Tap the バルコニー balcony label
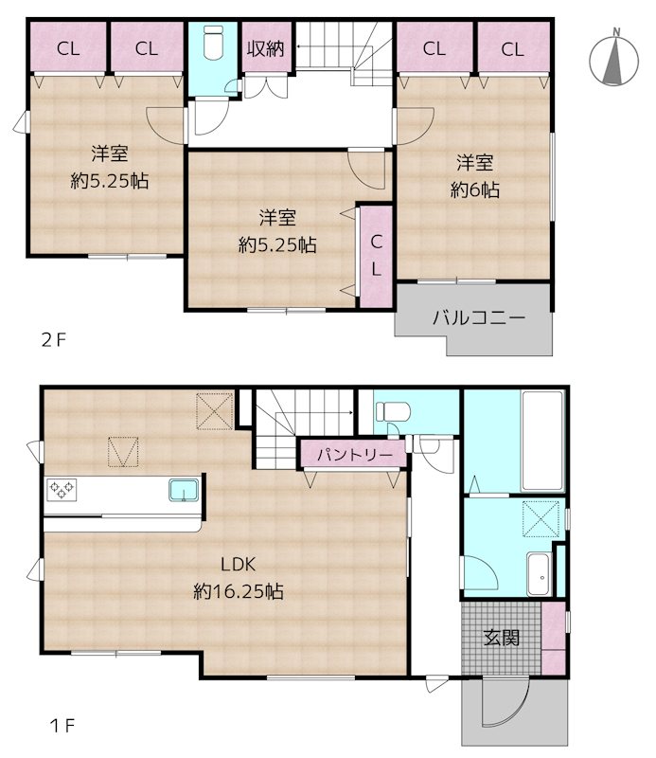pos(479,317)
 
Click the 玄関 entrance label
pos(502,638)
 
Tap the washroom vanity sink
pos(538,571)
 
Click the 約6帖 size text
pos(474,189)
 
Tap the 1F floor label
pos(62,727)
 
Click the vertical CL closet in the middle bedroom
pos(375,256)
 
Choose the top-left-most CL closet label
pos(67,49)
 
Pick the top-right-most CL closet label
pos(512,49)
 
